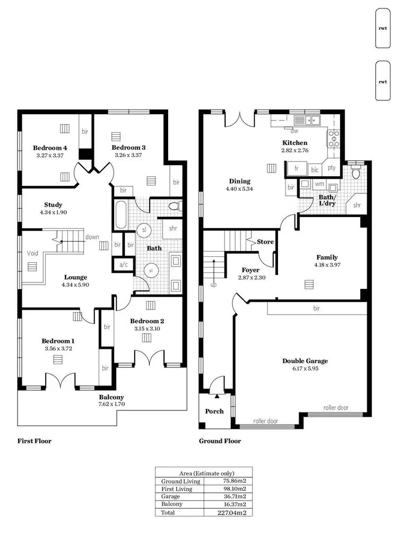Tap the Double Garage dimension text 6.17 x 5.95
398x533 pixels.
click(305, 369)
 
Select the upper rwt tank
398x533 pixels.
click(383, 29)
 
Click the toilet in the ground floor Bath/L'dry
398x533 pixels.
click(356, 172)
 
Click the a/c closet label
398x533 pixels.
click(123, 264)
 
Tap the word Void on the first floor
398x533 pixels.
click(32, 253)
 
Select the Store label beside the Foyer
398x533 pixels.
click(265, 242)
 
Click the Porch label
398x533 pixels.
click(214, 411)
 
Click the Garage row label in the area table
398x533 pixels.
click(170, 496)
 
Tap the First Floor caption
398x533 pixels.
click(34, 441)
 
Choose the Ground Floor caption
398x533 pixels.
click(220, 441)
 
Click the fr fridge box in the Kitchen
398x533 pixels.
click(297, 169)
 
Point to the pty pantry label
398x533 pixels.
click(332, 168)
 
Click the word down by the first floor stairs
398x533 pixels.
click(92, 237)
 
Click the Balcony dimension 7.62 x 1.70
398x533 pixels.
click(111, 405)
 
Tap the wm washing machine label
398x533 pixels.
click(319, 184)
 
